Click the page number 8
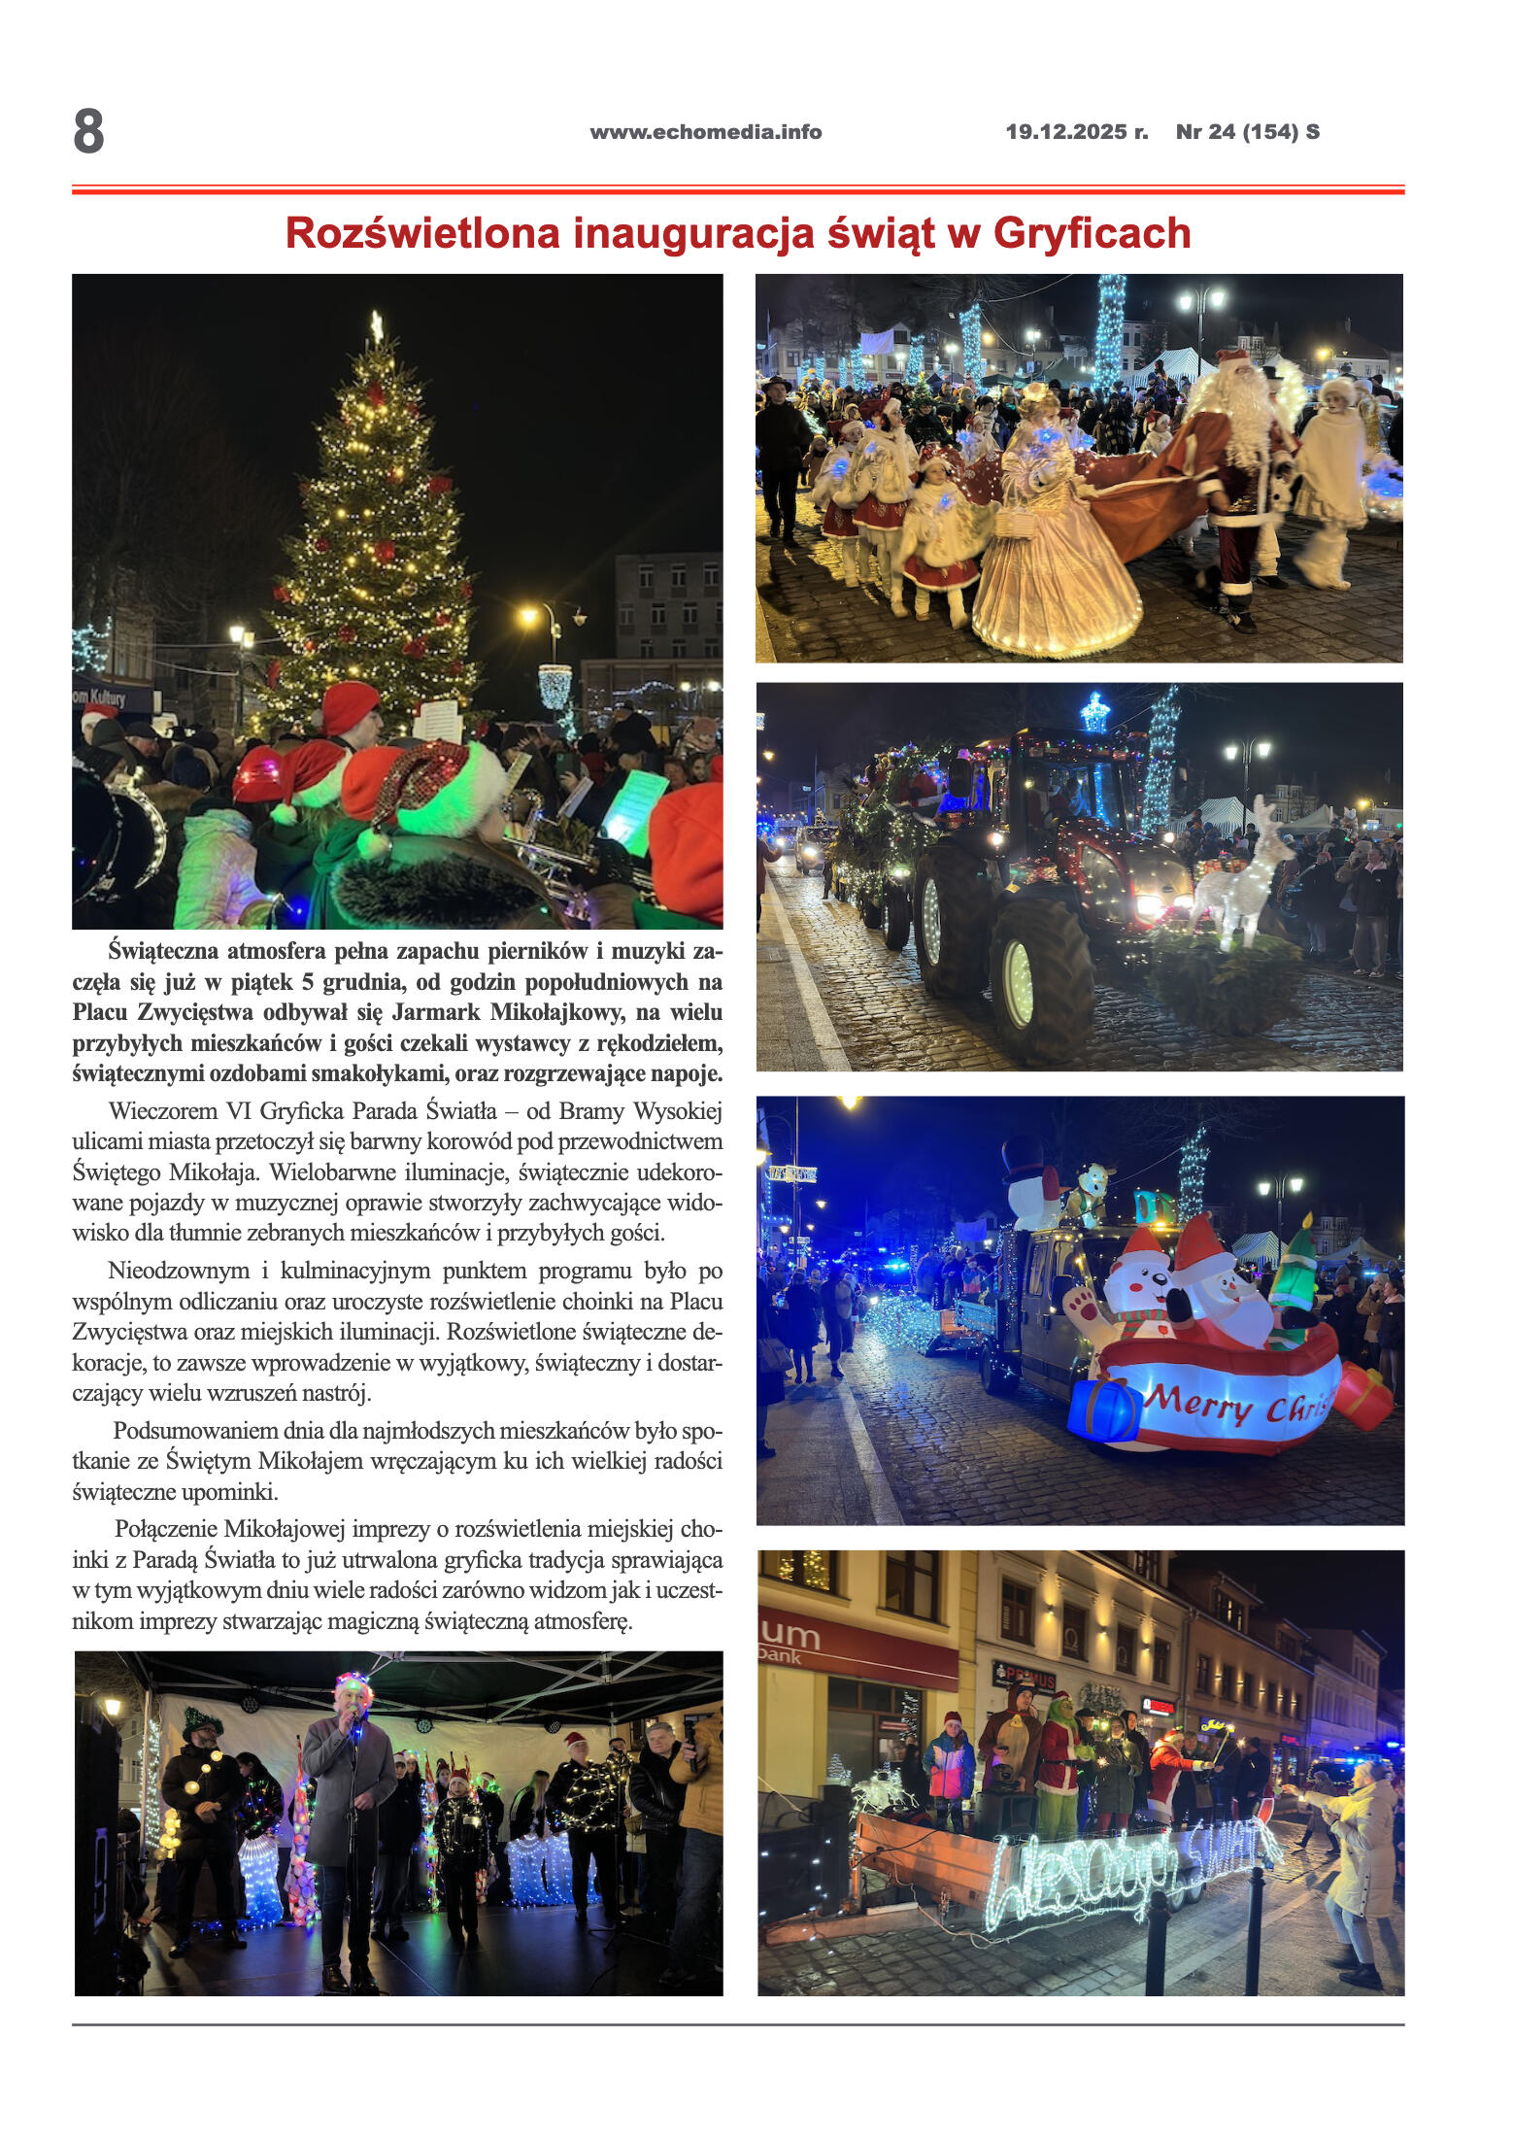coord(88,131)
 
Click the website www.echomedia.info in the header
coord(705,132)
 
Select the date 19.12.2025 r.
coord(1076,132)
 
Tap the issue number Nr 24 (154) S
coord(1247,132)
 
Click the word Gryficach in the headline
coord(1092,233)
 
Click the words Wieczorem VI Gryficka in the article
coord(221,1111)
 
